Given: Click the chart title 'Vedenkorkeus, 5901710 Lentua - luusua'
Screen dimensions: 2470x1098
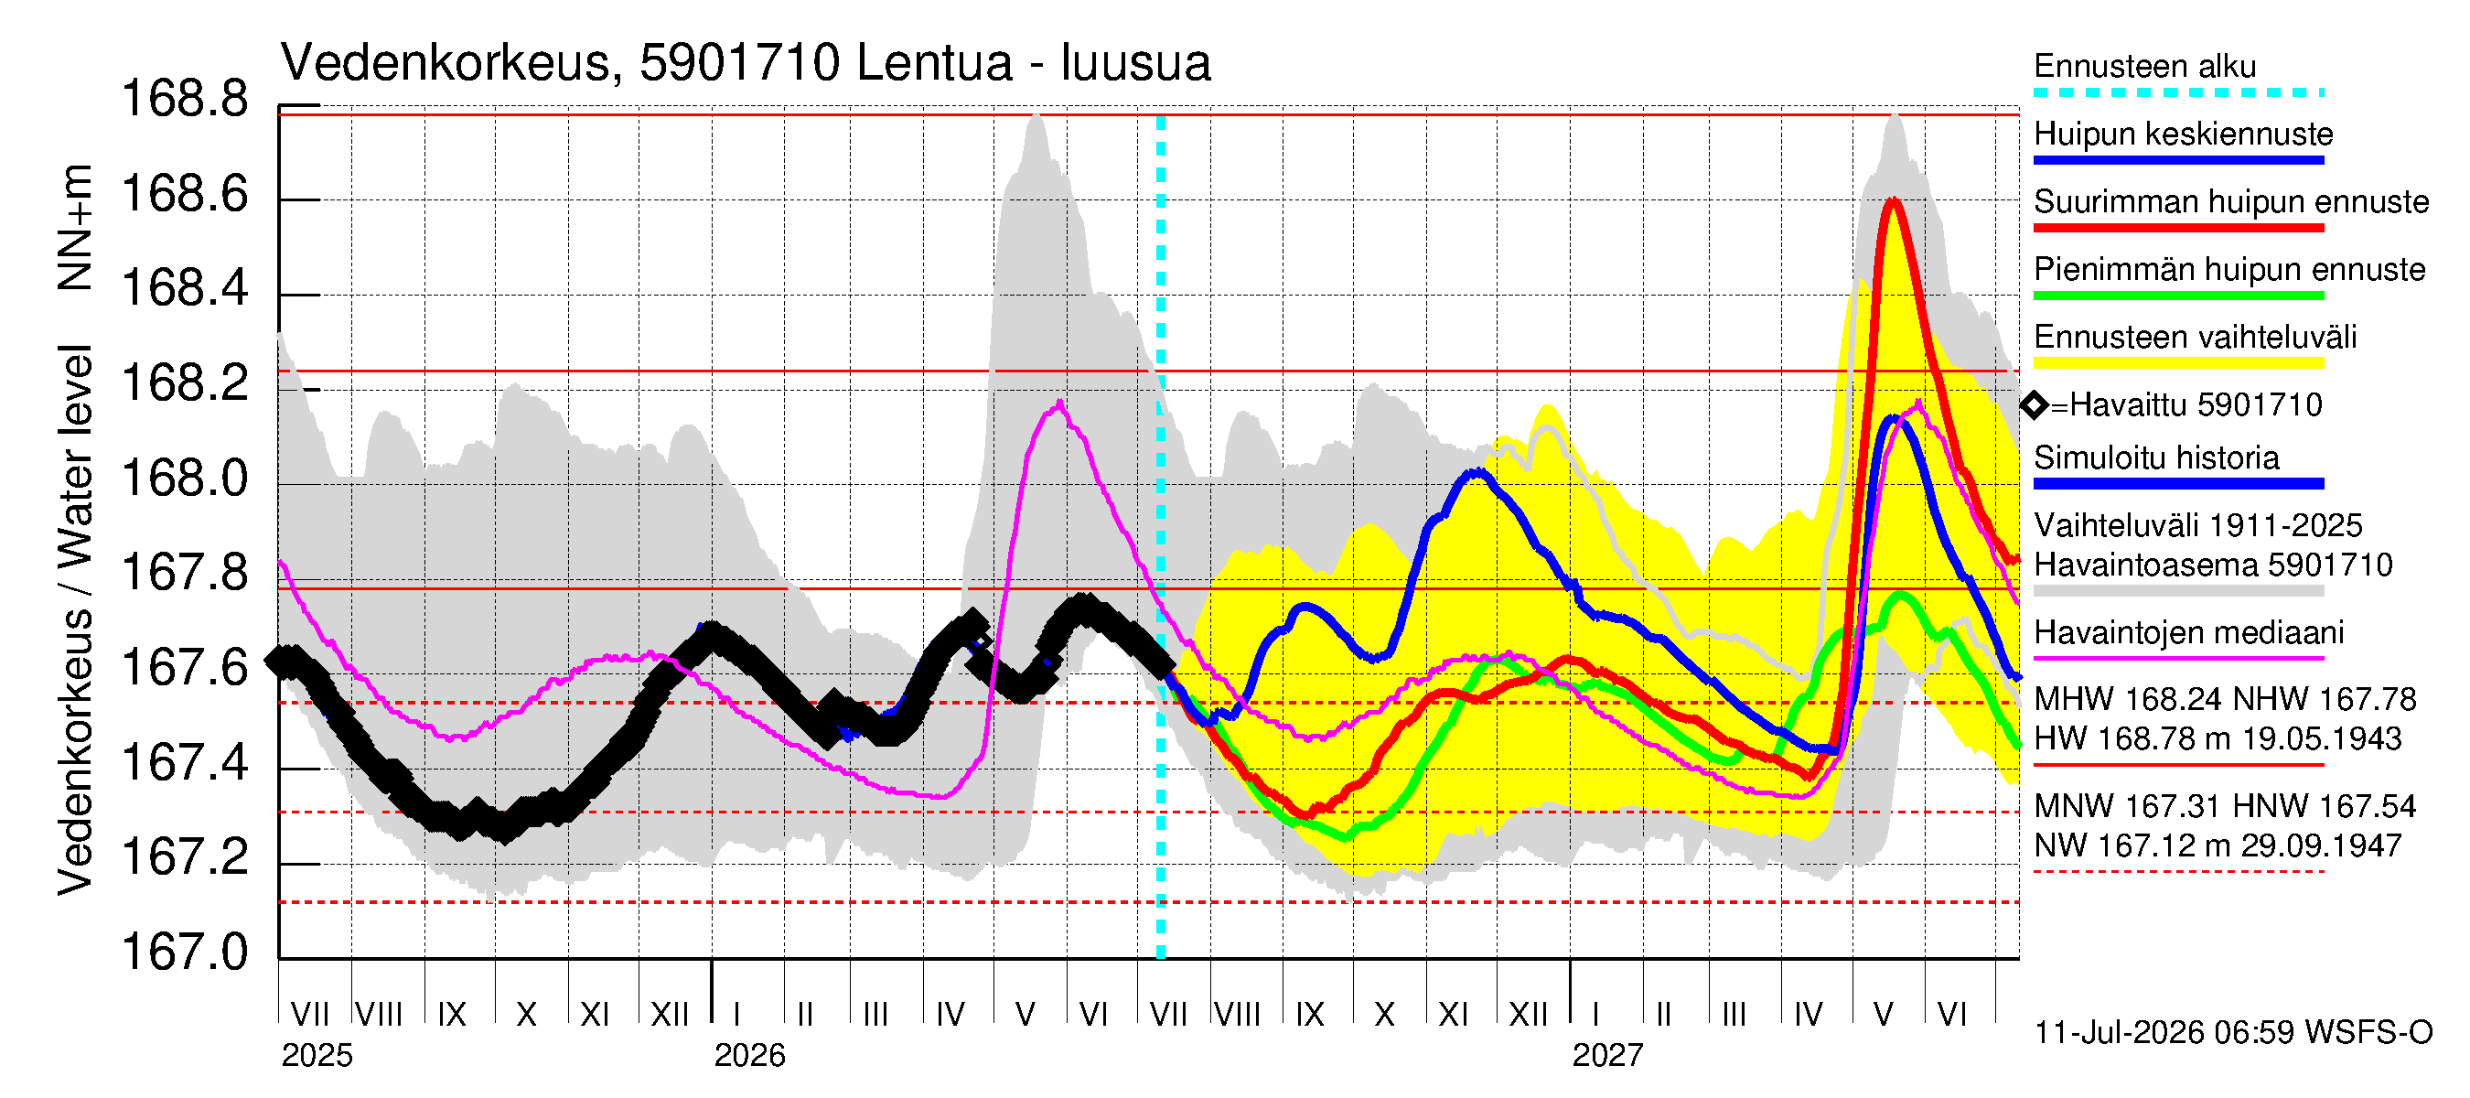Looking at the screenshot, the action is point(745,63).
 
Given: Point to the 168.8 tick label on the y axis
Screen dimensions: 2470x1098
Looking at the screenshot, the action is point(185,99).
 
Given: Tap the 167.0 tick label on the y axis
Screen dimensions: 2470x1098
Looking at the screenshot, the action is point(185,953).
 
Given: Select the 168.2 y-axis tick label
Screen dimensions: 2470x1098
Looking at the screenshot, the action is point(185,383).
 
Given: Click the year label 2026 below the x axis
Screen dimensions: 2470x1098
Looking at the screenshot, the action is point(750,1056).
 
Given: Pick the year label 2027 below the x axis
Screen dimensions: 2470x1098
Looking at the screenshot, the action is point(1608,1056).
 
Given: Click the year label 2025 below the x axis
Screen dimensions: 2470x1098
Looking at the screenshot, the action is point(317,1056).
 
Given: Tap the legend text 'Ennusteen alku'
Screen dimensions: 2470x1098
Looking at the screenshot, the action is point(2145,66).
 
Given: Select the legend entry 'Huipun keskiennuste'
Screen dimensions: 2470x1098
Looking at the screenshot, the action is point(2184,134).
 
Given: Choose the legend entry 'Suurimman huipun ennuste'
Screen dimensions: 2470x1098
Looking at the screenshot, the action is point(2231,201).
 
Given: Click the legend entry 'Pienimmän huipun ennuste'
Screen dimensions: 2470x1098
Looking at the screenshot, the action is point(2229,269).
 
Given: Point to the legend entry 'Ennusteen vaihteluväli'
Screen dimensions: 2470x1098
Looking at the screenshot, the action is point(2195,337).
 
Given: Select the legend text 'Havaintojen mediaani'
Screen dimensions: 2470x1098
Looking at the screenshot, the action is point(2189,633).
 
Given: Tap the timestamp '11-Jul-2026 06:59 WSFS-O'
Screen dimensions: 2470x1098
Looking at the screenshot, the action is point(2233,1033).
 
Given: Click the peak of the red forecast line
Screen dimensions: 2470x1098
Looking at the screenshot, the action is point(1892,199).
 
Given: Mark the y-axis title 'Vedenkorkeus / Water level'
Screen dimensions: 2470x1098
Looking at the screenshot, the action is point(75,620).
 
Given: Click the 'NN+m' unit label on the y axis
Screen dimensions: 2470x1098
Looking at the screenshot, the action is point(75,227).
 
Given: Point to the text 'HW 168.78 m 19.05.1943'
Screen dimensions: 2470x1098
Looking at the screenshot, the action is point(2218,739).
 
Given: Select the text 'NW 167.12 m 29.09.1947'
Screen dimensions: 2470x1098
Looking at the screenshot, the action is point(2218,845).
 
